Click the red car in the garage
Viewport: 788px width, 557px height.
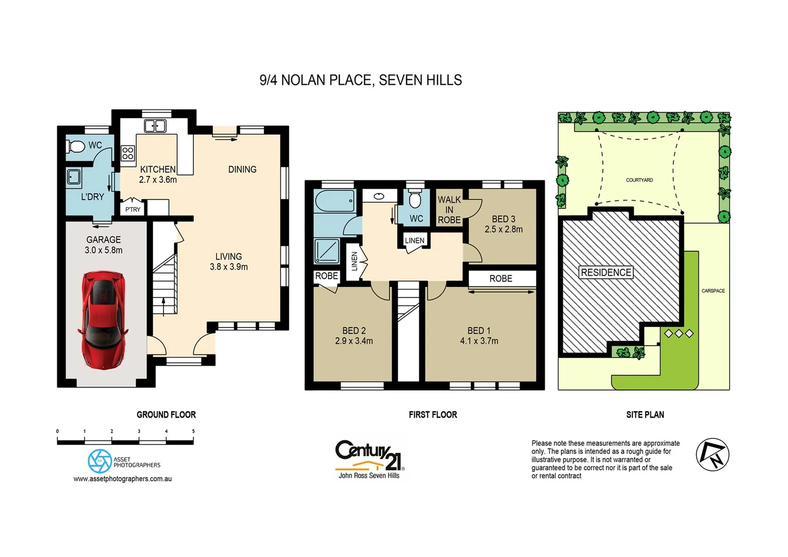pos(103,320)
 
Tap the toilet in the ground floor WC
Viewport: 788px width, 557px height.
pos(76,146)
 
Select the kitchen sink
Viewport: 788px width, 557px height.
pos(155,125)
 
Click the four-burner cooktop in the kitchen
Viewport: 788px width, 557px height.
pos(128,153)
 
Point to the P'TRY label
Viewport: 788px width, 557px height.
pos(133,209)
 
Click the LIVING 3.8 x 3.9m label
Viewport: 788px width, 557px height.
pos(228,261)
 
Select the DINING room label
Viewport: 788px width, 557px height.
pos(242,169)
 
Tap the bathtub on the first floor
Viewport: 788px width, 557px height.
pos(335,201)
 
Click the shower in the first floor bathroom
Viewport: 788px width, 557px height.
pos(327,251)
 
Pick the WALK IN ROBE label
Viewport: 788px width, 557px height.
pos(449,209)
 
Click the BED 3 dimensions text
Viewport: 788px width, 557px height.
pos(503,230)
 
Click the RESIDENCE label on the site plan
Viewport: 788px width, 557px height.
pos(606,272)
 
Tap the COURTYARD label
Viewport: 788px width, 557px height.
pos(639,180)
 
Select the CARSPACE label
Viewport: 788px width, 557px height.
pos(713,291)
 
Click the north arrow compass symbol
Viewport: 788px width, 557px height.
pos(712,454)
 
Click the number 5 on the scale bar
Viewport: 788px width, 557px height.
pos(193,431)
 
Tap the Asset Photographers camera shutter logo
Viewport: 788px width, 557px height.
pos(100,461)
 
